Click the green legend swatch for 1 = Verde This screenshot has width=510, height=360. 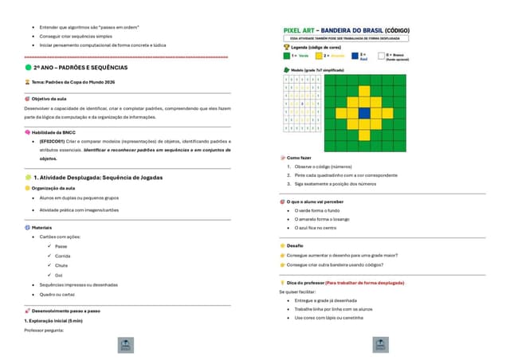[x=286, y=56]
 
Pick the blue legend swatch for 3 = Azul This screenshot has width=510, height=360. [x=354, y=56]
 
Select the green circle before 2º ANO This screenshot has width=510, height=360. [x=28, y=68]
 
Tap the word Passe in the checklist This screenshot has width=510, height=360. [x=61, y=247]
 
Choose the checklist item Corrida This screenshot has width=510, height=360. [x=63, y=256]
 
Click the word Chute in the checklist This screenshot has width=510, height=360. [x=61, y=265]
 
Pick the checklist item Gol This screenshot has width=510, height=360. [x=59, y=275]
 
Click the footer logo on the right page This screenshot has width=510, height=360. [x=381, y=345]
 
